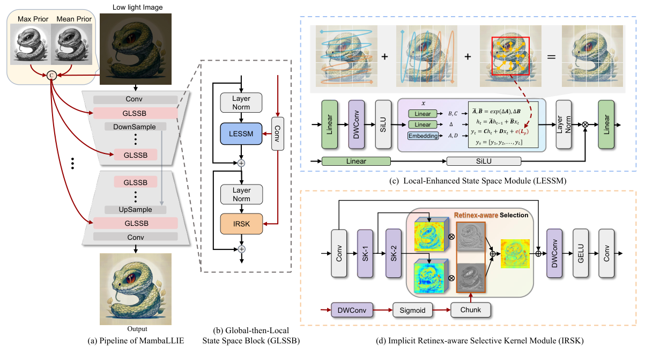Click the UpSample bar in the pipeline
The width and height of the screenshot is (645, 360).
[136, 210]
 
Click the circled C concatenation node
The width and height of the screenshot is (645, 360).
[51, 75]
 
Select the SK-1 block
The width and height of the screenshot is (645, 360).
[365, 252]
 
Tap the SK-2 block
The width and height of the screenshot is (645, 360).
[394, 252]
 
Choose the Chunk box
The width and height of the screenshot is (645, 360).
[470, 310]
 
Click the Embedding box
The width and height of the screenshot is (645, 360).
[423, 136]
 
